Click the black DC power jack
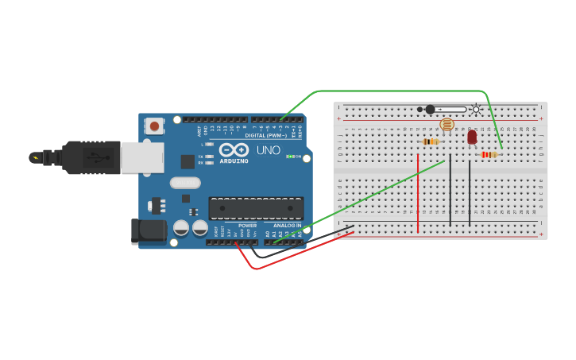click(149, 231)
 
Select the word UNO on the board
click(268, 150)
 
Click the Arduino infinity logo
click(234, 149)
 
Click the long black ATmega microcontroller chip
click(256, 208)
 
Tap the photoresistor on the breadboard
click(446, 125)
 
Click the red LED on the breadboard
click(472, 137)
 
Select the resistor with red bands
click(489, 154)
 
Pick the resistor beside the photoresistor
click(430, 141)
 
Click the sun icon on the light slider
click(476, 110)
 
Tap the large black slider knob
click(430, 110)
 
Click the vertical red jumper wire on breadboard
click(418, 193)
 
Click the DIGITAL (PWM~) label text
click(266, 135)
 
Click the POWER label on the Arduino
click(247, 225)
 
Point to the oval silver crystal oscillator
click(184, 183)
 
